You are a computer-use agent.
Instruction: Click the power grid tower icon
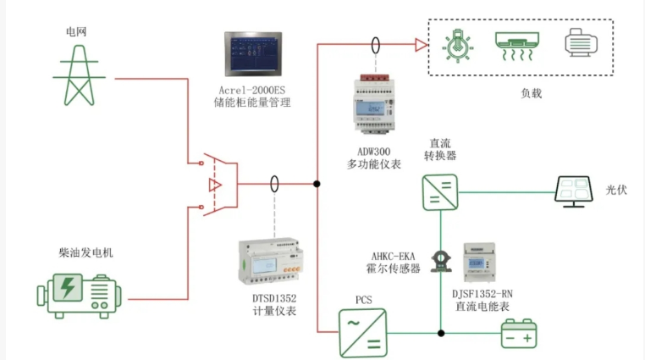pyautogui.click(x=79, y=75)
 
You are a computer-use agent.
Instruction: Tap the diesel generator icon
pyautogui.click(x=79, y=296)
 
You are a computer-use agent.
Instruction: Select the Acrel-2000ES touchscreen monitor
pyautogui.click(x=253, y=54)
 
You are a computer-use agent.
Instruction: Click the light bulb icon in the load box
pyautogui.click(x=458, y=46)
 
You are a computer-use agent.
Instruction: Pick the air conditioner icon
pyautogui.click(x=517, y=46)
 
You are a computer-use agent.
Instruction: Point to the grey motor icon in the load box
pyautogui.click(x=581, y=42)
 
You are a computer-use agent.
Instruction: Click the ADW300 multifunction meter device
pyautogui.click(x=374, y=104)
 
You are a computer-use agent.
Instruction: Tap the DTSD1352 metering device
pyautogui.click(x=271, y=261)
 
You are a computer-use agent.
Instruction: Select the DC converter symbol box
pyautogui.click(x=440, y=192)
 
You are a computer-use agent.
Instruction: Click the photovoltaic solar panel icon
pyautogui.click(x=574, y=191)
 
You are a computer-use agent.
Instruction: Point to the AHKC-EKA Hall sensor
pyautogui.click(x=441, y=262)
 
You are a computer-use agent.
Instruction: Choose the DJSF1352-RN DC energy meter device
pyautogui.click(x=479, y=263)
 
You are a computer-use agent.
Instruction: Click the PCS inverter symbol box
pyautogui.click(x=363, y=333)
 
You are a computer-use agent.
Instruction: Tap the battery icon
pyautogui.click(x=519, y=334)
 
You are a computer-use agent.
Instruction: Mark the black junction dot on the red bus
pyautogui.click(x=317, y=184)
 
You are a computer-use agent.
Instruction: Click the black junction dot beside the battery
pyautogui.click(x=441, y=333)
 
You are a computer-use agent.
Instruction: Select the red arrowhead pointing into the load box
pyautogui.click(x=422, y=45)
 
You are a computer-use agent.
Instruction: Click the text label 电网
pyautogui.click(x=76, y=31)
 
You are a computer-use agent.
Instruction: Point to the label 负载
pyautogui.click(x=531, y=93)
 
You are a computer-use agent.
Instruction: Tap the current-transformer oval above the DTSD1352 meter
pyautogui.click(x=274, y=184)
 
